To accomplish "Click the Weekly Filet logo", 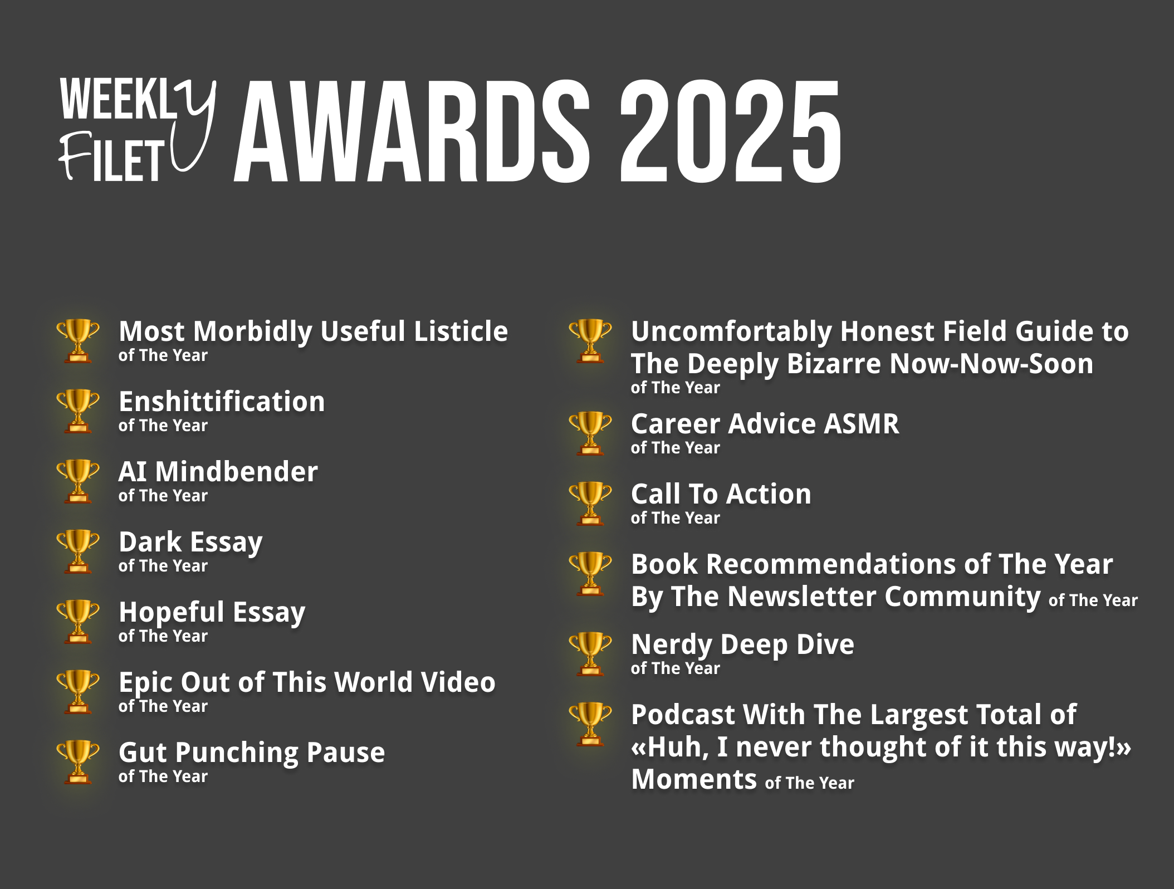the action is (138, 130).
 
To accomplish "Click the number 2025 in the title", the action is (731, 131).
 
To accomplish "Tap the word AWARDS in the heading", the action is (412, 131).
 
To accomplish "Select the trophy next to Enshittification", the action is (78, 411).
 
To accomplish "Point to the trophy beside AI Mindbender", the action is (78, 481).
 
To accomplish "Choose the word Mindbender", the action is (237, 471).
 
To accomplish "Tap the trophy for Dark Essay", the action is (78, 551).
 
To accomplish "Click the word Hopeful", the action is (172, 613).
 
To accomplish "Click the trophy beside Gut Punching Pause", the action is (78, 762).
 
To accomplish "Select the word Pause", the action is (345, 752).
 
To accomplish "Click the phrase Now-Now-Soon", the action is (991, 364).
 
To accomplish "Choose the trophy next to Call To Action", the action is (590, 504).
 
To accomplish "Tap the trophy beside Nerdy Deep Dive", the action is (590, 654).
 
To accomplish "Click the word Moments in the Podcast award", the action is (694, 779).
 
